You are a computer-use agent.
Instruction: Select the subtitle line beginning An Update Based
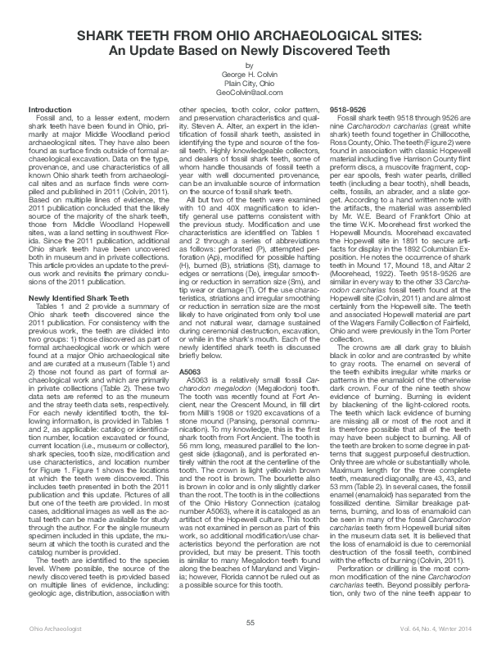click(x=249, y=51)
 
